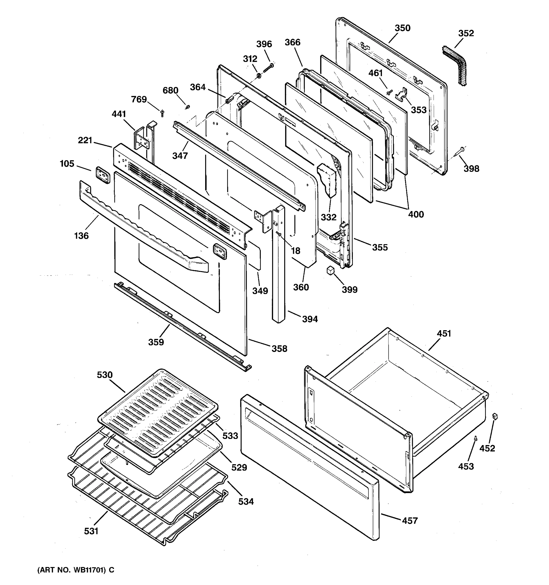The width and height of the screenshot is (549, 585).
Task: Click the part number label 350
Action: (402, 28)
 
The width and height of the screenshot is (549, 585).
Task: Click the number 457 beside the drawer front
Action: (410, 521)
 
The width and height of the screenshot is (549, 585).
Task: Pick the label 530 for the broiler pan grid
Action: (105, 375)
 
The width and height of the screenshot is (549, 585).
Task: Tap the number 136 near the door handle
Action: (81, 236)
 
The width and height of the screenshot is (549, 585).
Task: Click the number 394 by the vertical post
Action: (310, 319)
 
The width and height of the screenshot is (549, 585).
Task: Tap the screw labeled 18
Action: (278, 234)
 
